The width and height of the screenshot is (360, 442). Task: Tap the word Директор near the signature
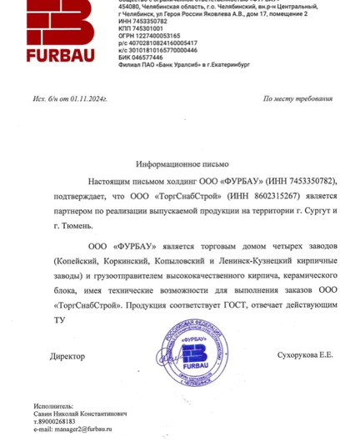67,356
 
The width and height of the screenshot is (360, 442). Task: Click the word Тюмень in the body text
69,227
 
